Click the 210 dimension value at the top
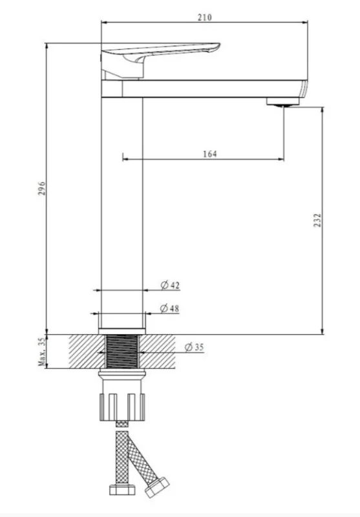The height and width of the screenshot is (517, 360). coord(204,17)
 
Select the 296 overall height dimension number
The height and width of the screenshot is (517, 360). coord(42,188)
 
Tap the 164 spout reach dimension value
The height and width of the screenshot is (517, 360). coord(210,154)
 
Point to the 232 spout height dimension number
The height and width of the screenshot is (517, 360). coord(317,220)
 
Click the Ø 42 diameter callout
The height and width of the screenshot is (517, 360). coord(170,285)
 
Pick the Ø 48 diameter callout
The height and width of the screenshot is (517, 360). coord(169,308)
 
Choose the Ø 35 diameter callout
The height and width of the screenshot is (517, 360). coord(195,347)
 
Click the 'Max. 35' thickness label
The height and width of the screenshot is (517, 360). coord(42,352)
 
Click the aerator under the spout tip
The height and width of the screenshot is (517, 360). coord(283,102)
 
